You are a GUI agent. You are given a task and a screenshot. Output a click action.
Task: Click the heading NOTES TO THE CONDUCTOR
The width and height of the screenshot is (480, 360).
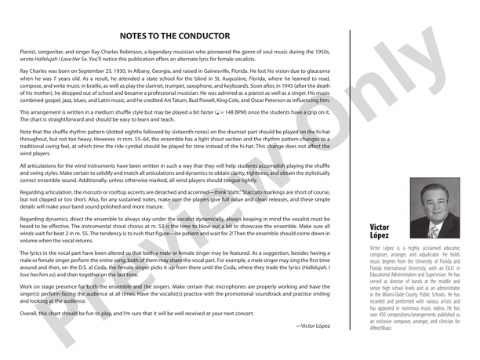point(174,36)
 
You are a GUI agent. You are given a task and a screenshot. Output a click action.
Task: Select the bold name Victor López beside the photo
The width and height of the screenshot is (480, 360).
point(380,231)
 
